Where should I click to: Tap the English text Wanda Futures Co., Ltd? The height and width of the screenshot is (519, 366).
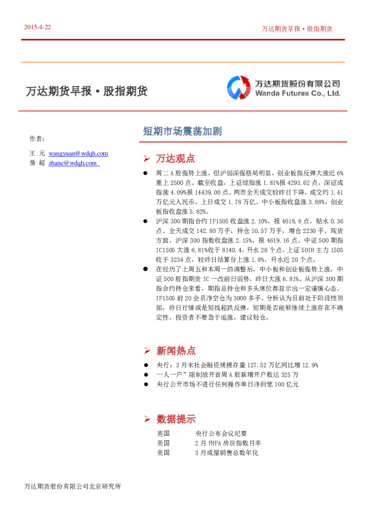(297, 94)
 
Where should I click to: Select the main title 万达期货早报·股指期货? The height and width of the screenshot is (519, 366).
(87, 91)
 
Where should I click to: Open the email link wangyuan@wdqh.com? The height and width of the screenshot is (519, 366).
(78, 153)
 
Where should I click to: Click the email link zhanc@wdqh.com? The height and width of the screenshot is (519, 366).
(73, 163)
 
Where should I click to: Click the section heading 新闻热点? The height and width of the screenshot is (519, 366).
(176, 351)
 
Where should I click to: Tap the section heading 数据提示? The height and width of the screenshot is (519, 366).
(176, 419)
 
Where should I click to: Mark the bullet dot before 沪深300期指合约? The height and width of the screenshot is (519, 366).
(145, 220)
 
